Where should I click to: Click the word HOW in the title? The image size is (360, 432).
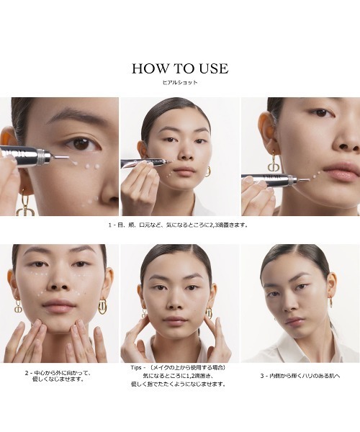tap(150, 68)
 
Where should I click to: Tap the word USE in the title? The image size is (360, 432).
tap(214, 68)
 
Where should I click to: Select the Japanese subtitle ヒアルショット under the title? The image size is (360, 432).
tap(180, 82)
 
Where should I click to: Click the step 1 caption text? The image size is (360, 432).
tap(179, 225)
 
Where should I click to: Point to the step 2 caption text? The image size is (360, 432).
tap(58, 376)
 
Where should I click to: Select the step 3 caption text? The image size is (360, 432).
tap(300, 376)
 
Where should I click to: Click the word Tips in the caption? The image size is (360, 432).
tap(136, 367)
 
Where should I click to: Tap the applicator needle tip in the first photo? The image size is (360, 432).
tap(68, 158)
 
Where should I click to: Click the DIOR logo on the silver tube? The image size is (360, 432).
tap(272, 176)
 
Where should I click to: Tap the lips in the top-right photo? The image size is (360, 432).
tap(342, 171)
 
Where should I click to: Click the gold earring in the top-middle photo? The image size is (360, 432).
tap(207, 171)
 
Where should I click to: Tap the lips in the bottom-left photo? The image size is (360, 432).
tap(58, 305)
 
